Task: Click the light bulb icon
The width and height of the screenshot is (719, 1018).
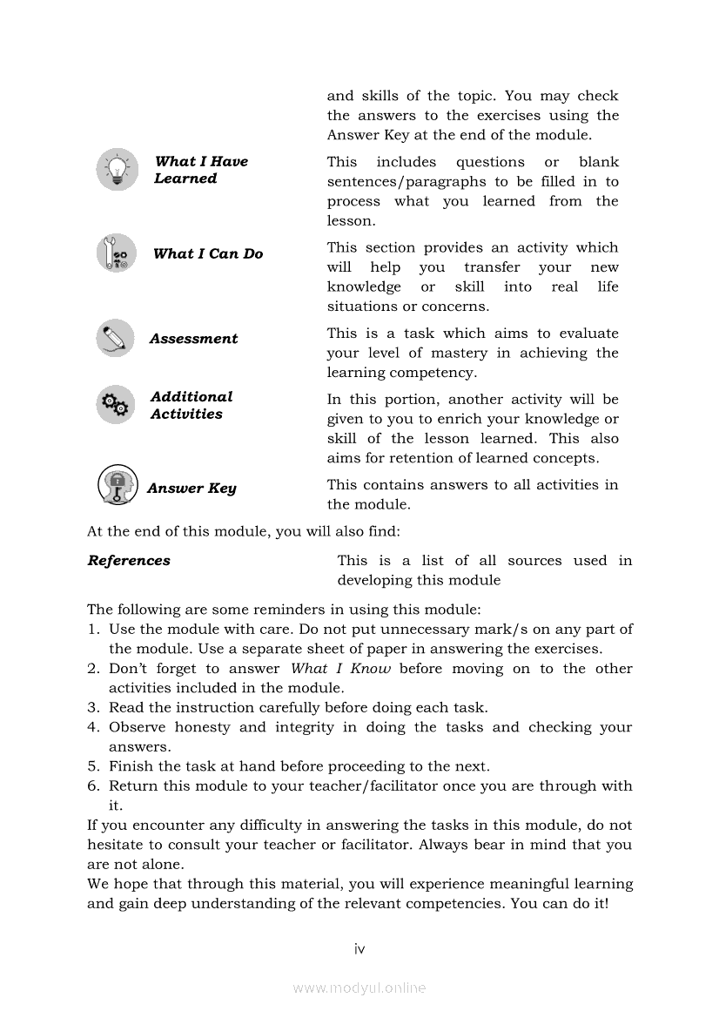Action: click(117, 169)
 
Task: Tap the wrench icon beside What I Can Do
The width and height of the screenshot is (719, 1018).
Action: click(117, 253)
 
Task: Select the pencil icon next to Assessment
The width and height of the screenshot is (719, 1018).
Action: click(116, 338)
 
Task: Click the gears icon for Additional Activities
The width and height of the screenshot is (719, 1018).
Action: click(116, 404)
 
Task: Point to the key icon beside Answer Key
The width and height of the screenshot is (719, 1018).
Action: click(117, 486)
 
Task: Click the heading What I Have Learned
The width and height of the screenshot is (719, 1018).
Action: click(200, 170)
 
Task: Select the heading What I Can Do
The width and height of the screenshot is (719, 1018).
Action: click(208, 253)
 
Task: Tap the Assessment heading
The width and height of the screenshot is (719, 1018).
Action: click(193, 339)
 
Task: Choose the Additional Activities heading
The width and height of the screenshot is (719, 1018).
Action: click(192, 405)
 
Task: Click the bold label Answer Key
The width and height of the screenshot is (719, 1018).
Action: click(192, 489)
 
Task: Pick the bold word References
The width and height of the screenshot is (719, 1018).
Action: click(129, 561)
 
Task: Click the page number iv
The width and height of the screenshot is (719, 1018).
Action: click(359, 948)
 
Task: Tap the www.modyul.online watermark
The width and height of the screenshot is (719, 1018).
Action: click(359, 988)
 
